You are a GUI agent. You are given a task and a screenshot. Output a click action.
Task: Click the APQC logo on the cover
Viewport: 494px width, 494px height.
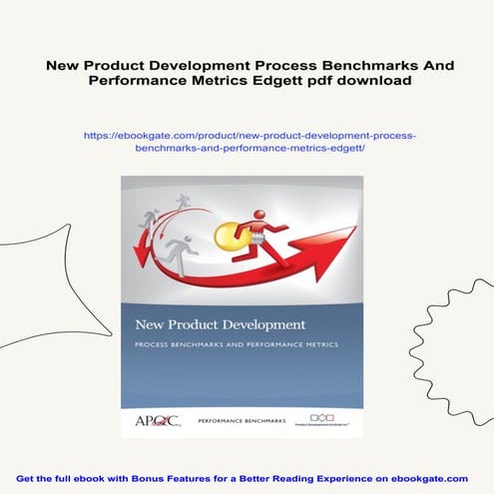point(158,419)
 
